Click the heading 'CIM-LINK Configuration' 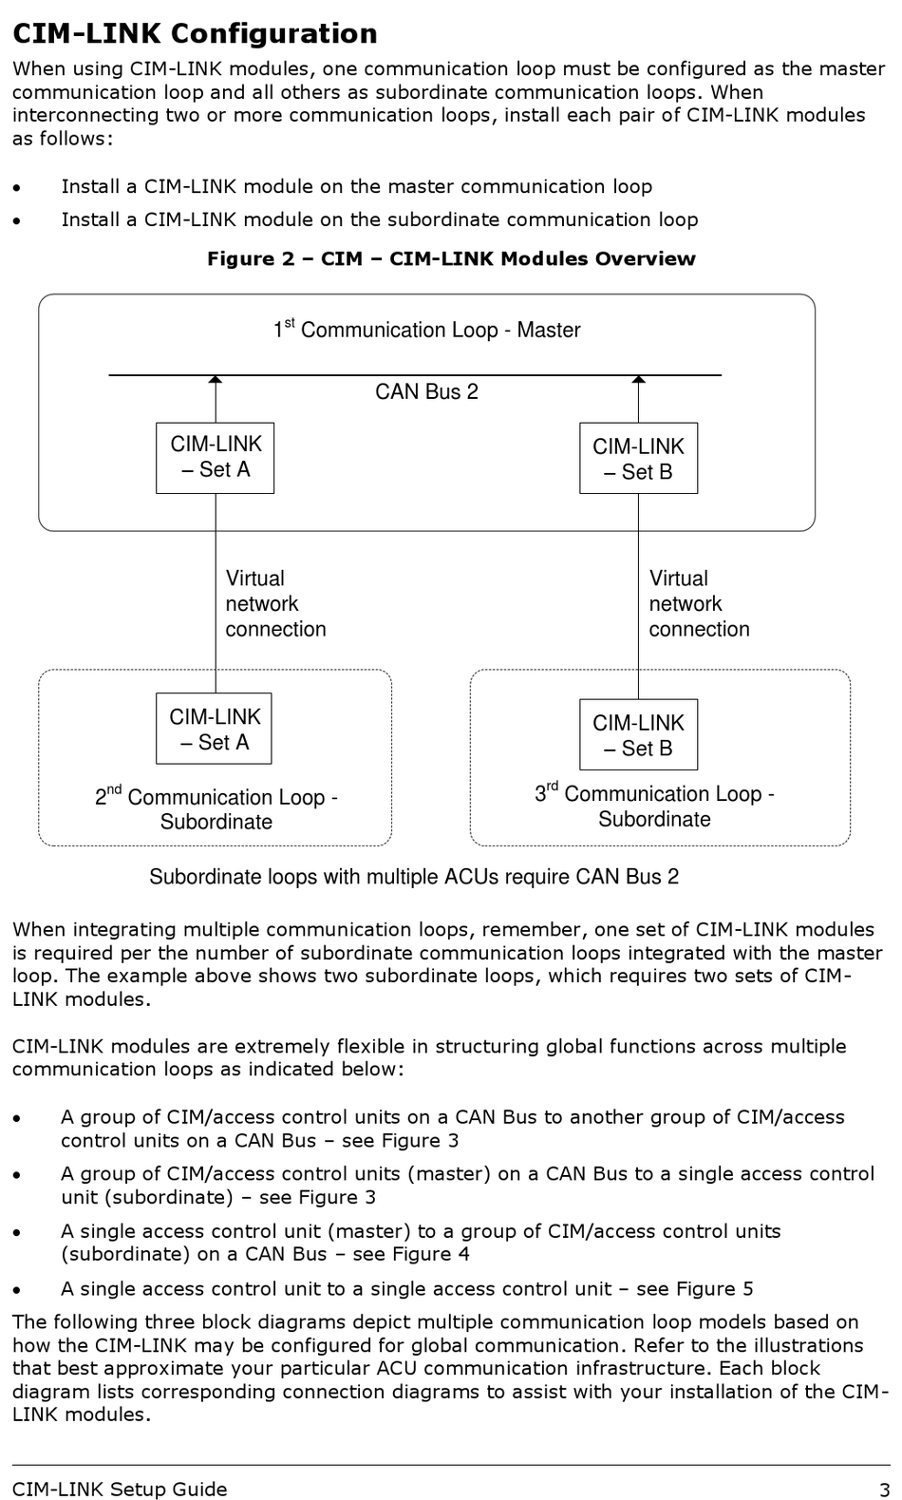(195, 33)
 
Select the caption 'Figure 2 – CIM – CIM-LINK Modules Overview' (451, 258)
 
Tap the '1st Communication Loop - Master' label (427, 329)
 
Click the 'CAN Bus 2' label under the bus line (427, 391)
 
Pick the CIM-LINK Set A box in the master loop (215, 458)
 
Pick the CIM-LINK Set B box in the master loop (638, 458)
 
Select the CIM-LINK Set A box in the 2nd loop (215, 728)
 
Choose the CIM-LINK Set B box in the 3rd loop (638, 734)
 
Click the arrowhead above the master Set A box (215, 380)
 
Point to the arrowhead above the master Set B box (638, 380)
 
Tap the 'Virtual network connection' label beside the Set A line (275, 603)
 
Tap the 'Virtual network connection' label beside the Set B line (699, 603)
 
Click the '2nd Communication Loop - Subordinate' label (216, 807)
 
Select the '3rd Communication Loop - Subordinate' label (654, 805)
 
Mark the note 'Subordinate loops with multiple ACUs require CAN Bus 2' (414, 877)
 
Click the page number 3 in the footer (885, 1490)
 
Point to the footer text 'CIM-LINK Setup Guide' (120, 1490)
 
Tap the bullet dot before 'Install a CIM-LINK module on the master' (17, 187)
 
